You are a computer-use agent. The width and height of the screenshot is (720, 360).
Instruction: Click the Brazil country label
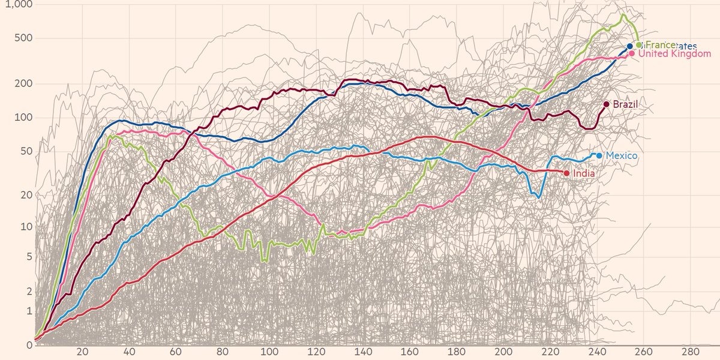625,104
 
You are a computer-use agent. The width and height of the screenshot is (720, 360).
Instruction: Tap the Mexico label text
621,155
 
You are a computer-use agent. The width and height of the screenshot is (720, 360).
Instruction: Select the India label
584,173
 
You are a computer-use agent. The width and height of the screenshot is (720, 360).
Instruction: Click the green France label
659,45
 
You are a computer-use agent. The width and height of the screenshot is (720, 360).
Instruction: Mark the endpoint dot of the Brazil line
607,104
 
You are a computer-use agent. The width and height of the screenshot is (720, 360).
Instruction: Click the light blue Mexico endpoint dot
599,155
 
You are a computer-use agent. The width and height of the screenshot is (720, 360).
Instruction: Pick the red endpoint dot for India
567,173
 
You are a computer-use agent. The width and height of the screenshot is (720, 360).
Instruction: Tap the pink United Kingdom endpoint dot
632,53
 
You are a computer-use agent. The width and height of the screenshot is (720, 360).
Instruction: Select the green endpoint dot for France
639,45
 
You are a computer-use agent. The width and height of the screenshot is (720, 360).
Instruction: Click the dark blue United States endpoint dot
630,46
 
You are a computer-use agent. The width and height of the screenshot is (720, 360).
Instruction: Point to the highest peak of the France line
624,14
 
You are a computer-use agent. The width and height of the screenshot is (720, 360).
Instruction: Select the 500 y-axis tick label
22,38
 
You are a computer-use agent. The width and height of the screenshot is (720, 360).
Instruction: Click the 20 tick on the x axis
83,352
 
